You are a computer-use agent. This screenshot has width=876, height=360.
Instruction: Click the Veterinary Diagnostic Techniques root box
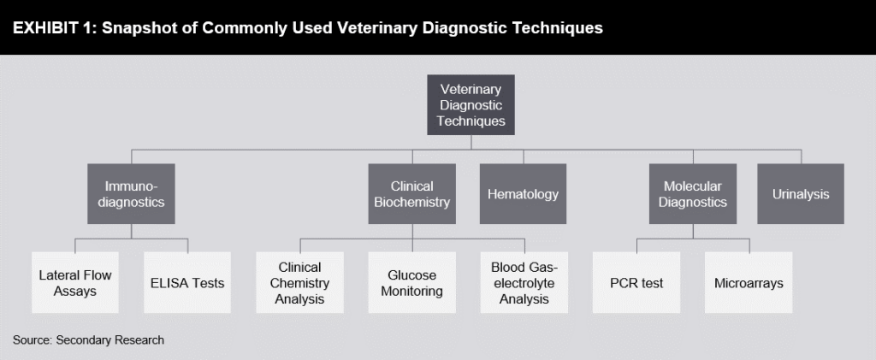[x=471, y=105]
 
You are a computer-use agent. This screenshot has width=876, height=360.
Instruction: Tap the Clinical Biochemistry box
[x=411, y=194]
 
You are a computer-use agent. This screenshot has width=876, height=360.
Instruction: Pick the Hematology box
[x=523, y=194]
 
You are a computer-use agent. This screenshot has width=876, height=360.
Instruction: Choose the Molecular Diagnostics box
[x=693, y=194]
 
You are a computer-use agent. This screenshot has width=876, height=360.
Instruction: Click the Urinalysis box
[x=801, y=194]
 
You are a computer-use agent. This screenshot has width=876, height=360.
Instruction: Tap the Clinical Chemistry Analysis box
[x=299, y=283]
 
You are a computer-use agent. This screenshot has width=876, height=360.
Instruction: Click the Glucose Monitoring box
[x=411, y=283]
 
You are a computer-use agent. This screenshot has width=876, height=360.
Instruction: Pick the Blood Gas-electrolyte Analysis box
[x=523, y=283]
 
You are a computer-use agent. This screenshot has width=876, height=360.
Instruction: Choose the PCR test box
[x=636, y=283]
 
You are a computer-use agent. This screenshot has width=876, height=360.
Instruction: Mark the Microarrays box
[x=749, y=283]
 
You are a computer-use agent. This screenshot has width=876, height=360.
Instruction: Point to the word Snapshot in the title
[x=137, y=28]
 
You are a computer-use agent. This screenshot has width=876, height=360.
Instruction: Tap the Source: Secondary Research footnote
[x=88, y=340]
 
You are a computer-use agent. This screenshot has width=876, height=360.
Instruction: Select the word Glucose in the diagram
[x=411, y=275]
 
